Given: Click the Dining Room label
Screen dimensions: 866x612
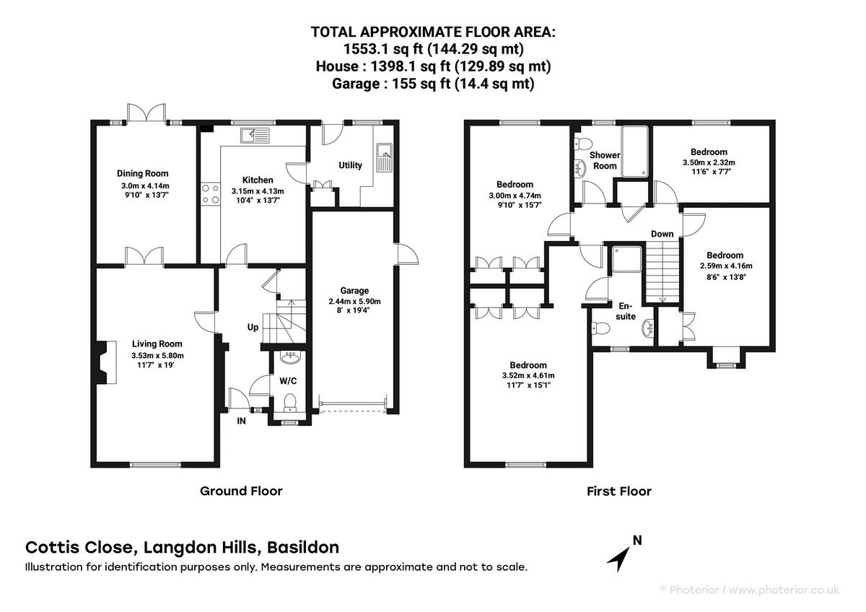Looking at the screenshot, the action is point(143,174).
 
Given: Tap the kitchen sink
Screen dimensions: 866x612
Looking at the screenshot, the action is point(255,135).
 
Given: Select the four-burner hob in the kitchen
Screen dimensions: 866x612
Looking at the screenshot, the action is point(211,194).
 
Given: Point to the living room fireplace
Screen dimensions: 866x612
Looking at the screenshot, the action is point(105,362).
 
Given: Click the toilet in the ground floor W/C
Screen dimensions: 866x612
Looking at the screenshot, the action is point(289,403).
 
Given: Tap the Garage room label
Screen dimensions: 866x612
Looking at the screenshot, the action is point(354,290).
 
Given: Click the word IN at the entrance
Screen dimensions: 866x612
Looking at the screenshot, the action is point(241,421).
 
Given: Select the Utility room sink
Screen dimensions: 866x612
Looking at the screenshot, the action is point(384,158).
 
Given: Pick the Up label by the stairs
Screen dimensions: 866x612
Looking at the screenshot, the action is point(253,328).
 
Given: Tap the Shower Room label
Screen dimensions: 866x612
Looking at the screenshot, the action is point(605,160).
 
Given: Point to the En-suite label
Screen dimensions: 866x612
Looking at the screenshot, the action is point(626,311).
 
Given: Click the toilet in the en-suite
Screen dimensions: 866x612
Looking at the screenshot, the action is point(601,328).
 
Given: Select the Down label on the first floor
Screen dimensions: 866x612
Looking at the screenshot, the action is point(662,234).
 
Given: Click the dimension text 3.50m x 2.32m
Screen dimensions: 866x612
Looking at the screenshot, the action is point(709,163).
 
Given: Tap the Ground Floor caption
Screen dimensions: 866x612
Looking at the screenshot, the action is point(241,491).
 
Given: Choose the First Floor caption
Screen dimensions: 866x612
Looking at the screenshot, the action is point(619,491).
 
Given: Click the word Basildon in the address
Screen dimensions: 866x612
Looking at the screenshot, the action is point(304,548).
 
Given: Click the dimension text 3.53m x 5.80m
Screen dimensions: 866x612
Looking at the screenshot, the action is point(157,355).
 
